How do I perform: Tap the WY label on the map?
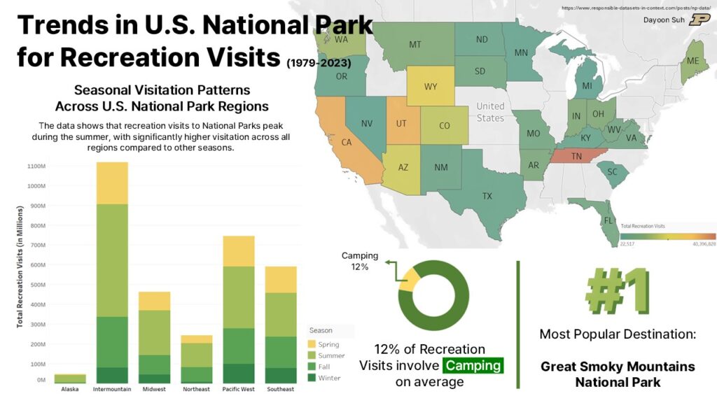431,87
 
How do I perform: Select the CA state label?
346,142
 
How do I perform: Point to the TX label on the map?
487,196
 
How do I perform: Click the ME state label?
692,61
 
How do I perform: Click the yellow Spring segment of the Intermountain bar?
112,183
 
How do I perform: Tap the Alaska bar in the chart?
69,379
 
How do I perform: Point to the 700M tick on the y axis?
36,246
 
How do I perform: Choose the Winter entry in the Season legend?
329,378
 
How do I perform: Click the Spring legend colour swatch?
312,344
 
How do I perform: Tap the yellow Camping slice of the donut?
408,281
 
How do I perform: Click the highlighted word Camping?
473,365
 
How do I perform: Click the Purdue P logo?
699,20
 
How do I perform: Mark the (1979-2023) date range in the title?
319,63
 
